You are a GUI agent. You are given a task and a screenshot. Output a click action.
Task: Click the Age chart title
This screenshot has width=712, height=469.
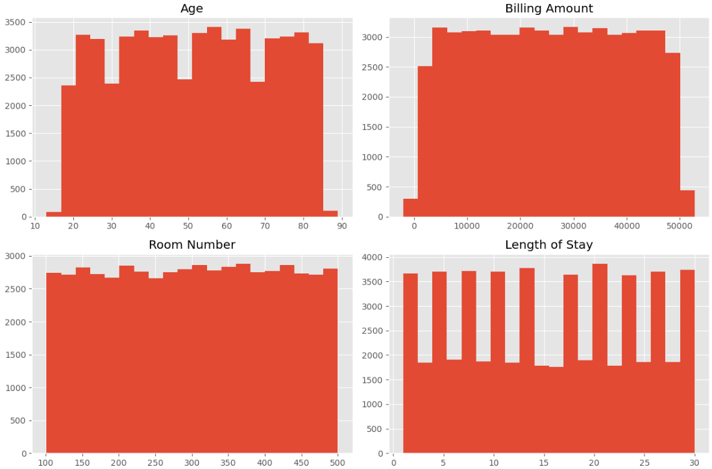coord(192,8)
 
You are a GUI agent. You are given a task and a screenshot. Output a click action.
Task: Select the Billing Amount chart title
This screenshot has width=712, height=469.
coord(548,8)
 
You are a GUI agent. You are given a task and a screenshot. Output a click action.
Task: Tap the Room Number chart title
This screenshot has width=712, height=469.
coord(192,245)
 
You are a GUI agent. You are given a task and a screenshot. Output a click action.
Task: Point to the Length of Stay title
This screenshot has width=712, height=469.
coord(548,245)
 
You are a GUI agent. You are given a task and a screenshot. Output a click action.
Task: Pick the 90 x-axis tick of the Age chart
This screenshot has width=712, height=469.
coord(342,226)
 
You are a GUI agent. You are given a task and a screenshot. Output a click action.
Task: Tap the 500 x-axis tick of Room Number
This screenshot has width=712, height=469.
coord(338,463)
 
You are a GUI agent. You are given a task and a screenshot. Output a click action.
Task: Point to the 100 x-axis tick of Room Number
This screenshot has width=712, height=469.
coord(46,463)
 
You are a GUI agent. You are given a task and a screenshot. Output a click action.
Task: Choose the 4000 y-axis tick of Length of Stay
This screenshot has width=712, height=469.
coord(372,257)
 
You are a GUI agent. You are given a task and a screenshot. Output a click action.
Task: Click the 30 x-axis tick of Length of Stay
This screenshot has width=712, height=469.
coord(694,463)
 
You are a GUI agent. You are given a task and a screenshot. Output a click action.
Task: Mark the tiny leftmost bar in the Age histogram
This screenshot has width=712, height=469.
coord(53,214)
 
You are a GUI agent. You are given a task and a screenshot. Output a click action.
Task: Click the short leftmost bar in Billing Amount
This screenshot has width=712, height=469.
coord(410,208)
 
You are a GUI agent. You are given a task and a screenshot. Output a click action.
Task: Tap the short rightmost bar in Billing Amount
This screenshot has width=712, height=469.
coord(687,204)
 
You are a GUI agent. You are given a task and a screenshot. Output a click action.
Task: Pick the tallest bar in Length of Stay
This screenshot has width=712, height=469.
coord(600,357)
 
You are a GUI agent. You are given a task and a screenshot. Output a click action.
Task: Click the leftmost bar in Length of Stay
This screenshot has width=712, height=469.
coord(410,364)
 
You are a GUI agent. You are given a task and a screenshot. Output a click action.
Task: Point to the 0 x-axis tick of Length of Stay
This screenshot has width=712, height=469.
coord(393,463)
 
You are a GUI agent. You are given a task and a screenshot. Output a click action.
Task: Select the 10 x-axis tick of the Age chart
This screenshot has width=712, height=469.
coord(34,226)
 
